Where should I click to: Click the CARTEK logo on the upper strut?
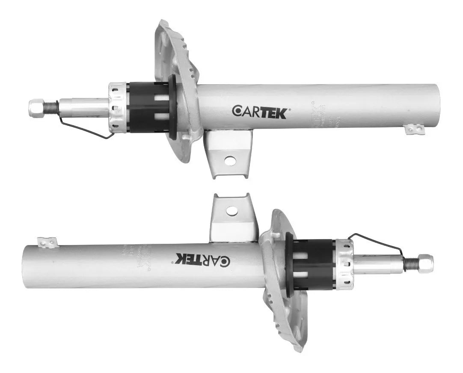tap(261, 111)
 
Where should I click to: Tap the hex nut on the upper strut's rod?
tap(36, 105)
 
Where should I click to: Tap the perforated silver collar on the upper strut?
tap(118, 107)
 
